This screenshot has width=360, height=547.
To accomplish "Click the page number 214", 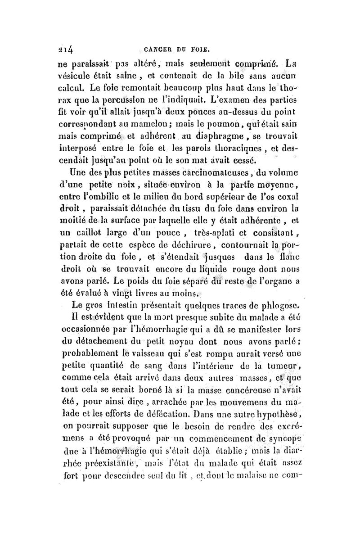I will (66, 50).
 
